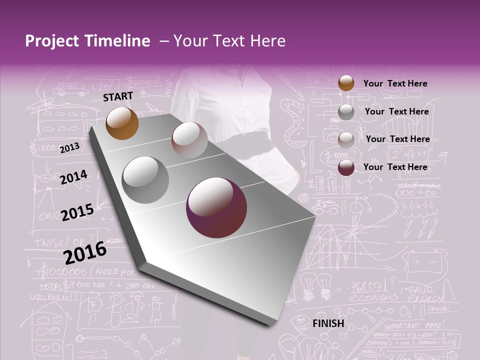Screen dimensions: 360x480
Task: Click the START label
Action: (118, 96)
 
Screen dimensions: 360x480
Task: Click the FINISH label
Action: (328, 323)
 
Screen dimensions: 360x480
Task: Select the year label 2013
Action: (69, 148)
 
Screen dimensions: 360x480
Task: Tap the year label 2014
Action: (73, 177)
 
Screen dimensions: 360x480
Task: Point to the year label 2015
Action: (77, 212)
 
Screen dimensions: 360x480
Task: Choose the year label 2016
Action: (85, 252)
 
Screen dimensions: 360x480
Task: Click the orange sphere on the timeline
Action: (122, 123)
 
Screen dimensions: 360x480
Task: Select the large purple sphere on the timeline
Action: (216, 208)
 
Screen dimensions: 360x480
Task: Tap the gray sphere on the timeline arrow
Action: (145, 179)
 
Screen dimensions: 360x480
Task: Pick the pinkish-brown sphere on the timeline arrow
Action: (189, 140)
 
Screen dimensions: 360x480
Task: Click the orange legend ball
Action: (346, 83)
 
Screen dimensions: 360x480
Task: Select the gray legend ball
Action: (346, 112)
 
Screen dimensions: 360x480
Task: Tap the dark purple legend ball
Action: (346, 167)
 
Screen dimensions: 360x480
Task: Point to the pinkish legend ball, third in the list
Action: (346, 140)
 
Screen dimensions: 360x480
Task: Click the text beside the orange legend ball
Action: (395, 83)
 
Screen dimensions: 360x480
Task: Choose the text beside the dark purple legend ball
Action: (395, 167)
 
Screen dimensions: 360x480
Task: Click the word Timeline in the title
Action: (114, 41)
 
